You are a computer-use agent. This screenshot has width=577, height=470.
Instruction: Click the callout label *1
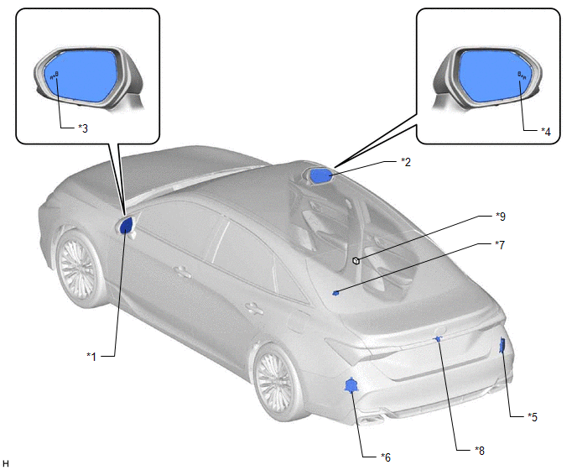(x=91, y=357)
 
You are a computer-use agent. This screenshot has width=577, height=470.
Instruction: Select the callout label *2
(x=406, y=162)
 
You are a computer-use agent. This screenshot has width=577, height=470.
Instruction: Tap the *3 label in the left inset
(x=83, y=128)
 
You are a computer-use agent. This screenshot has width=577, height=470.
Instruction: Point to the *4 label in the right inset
(x=546, y=131)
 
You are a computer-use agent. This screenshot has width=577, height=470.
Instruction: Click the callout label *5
(x=533, y=416)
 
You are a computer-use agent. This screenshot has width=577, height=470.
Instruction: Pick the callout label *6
(x=386, y=457)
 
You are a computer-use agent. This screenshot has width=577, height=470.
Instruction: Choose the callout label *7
(x=500, y=244)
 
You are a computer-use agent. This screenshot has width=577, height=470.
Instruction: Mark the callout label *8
(x=480, y=450)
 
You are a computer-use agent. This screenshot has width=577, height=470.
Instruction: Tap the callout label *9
(x=501, y=217)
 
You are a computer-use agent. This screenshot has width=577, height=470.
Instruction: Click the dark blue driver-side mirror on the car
(x=126, y=226)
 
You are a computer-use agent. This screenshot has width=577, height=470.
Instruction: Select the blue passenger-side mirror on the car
(x=321, y=175)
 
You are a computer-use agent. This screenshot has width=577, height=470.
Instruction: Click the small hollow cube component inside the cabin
(x=356, y=261)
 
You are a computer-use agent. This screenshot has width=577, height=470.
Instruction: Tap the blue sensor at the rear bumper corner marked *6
(x=351, y=385)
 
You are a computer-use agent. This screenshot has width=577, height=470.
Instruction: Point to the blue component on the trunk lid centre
(x=438, y=339)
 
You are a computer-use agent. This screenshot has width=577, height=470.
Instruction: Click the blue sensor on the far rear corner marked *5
(x=502, y=346)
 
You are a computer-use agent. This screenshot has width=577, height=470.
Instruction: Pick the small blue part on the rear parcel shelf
(x=335, y=293)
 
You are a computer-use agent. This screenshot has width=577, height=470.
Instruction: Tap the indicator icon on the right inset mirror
(x=522, y=76)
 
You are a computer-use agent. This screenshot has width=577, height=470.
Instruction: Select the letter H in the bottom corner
(x=6, y=463)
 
